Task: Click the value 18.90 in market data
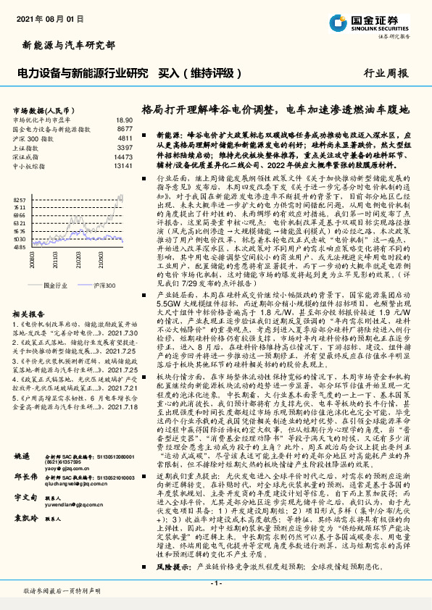pyautogui.click(x=124, y=120)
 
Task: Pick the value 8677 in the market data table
pyautogui.click(x=124, y=128)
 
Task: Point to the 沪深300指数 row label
pyautogui.click(x=33, y=138)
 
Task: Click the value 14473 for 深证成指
pyautogui.click(x=122, y=156)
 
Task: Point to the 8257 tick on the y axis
pyautogui.click(x=20, y=199)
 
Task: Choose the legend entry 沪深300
pyautogui.click(x=101, y=286)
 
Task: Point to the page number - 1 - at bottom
pyautogui.click(x=215, y=582)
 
